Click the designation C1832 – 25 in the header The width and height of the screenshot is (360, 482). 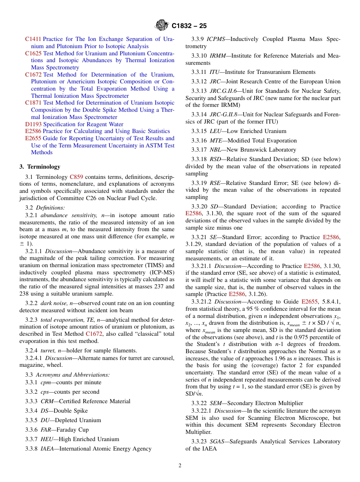pyautogui.click(x=189, y=26)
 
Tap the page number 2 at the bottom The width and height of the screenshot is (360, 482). pyautogui.click(x=180, y=466)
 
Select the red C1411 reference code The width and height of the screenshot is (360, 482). pyautogui.click(x=33, y=39)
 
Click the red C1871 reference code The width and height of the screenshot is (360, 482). pyautogui.click(x=33, y=103)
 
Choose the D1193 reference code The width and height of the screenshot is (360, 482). pyautogui.click(x=33, y=124)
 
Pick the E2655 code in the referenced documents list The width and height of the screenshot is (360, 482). pyautogui.click(x=33, y=138)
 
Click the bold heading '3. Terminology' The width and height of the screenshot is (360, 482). pyautogui.click(x=40, y=167)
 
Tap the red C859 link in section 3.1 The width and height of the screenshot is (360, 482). pyautogui.click(x=76, y=177)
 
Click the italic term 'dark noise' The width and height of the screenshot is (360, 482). pyautogui.click(x=54, y=303)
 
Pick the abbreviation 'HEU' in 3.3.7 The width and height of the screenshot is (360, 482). pyautogui.click(x=47, y=439)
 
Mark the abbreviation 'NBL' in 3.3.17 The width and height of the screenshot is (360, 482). pyautogui.click(x=215, y=150)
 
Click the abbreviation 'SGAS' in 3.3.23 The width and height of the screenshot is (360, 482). pyautogui.click(x=217, y=441)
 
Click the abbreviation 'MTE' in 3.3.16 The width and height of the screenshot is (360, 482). pyautogui.click(x=215, y=140)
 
